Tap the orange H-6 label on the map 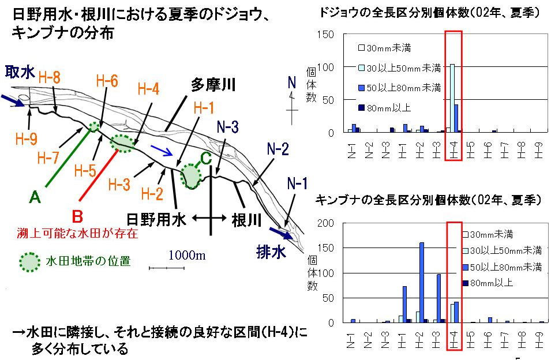107,81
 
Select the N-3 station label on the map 228,127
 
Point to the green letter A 35,198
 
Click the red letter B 77,216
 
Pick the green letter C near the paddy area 205,157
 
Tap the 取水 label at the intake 20,72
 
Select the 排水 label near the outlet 271,252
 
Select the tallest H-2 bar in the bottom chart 421,282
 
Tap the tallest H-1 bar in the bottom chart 404,304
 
